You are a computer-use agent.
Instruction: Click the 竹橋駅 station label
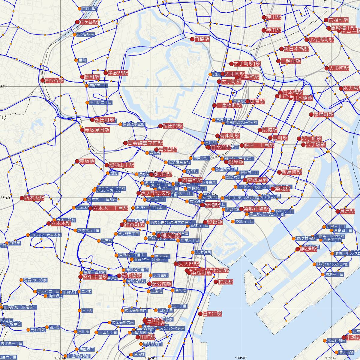coord(202,39)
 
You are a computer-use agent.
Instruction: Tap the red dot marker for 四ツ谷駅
coord(42,80)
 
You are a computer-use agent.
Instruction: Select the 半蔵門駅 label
coord(118,73)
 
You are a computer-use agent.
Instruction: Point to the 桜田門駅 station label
coord(173,126)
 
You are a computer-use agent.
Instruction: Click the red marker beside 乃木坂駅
coord(22,198)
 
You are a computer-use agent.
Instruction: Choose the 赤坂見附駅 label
coord(97,130)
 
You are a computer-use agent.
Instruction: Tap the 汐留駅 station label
coord(215,222)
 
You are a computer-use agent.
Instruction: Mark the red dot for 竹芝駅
coord(215,282)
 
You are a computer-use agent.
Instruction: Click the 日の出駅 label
coord(212,313)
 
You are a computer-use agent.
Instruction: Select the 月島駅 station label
coord(348,211)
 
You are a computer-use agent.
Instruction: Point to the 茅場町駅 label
coord(324,115)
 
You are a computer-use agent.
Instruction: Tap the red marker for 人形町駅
coord(327,68)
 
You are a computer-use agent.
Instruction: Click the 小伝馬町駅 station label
coord(322,40)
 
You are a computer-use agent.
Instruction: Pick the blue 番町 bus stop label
coord(82,60)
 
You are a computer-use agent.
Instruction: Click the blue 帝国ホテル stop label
coord(201,158)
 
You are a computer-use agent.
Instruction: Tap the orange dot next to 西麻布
coord(7,243)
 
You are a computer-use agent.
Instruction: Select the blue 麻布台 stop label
coord(106,241)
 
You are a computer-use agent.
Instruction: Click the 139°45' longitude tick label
coord(151,358)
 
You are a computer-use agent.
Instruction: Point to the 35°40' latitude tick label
coord(5,198)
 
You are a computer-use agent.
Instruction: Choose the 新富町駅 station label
coord(292,172)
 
